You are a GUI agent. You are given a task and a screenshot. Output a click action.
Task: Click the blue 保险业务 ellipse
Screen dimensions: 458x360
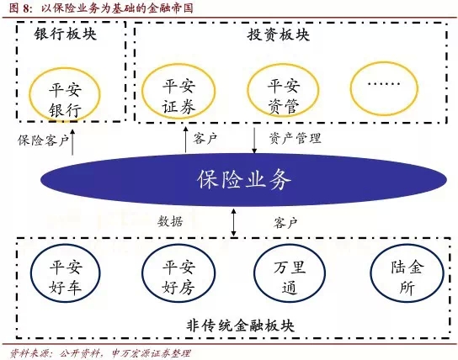243,179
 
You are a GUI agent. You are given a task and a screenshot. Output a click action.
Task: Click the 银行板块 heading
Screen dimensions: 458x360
65,34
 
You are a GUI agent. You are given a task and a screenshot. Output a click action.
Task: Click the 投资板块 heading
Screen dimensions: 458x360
279,34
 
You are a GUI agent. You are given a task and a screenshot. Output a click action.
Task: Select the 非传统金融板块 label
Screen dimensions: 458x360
240,326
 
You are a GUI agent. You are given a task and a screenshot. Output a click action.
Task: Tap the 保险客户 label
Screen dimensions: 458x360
43,140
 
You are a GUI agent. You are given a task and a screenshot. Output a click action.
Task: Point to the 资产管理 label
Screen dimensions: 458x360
295,138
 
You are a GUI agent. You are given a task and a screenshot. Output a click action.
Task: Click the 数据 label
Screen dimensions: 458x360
170,222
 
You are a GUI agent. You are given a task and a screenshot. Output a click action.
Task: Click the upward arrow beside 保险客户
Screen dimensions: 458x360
72,141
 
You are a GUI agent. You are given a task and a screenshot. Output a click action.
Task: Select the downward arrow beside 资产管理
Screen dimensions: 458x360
254,140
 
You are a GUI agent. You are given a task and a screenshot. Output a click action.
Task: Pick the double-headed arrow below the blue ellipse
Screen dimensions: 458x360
233,222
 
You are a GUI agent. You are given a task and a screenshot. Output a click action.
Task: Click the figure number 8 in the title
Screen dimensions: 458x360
26,8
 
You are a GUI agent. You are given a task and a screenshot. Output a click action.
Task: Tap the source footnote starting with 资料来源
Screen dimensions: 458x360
100,353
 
